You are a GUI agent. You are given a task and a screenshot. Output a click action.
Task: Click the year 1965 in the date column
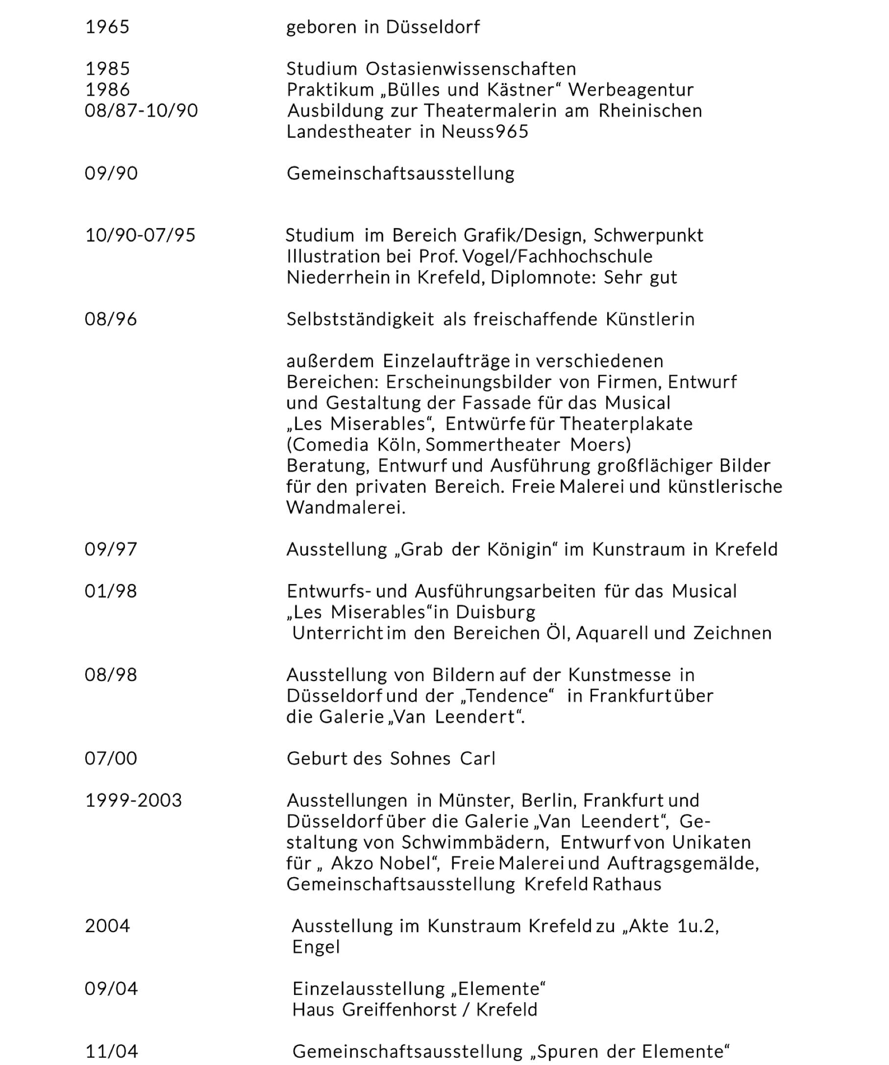[x=107, y=27]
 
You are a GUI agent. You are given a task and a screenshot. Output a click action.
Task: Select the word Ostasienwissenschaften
[x=471, y=69]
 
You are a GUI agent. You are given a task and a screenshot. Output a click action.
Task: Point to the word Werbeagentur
[x=631, y=90]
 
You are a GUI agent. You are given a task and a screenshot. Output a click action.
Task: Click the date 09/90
[x=111, y=174]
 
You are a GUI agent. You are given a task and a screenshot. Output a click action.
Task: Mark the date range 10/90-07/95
[x=140, y=235]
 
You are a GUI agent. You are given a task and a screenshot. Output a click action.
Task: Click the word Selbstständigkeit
[x=360, y=319]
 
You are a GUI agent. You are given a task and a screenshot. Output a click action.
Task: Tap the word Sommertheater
[x=493, y=445]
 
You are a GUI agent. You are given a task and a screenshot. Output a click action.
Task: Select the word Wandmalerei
[x=346, y=507]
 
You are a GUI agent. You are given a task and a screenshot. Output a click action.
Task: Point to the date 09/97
[x=111, y=549]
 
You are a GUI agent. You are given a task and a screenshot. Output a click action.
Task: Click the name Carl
[x=477, y=759]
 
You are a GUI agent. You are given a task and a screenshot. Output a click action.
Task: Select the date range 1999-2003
[x=133, y=800]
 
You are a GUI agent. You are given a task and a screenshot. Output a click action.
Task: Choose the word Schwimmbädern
[x=475, y=842]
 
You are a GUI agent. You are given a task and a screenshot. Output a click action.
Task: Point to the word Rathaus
[x=626, y=885]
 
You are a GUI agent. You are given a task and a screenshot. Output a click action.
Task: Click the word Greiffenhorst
[x=399, y=1010]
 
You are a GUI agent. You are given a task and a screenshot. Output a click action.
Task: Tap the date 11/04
[x=111, y=1051]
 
